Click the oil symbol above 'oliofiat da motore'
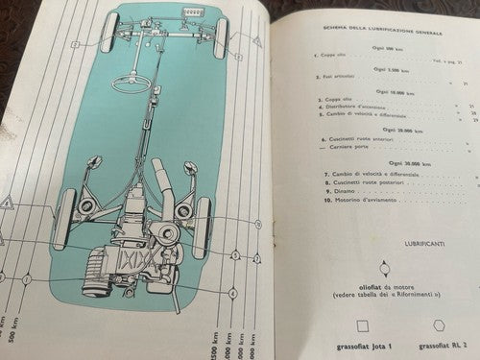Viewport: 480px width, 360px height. coord(383,269)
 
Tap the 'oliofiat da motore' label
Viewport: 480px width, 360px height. coord(383,288)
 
